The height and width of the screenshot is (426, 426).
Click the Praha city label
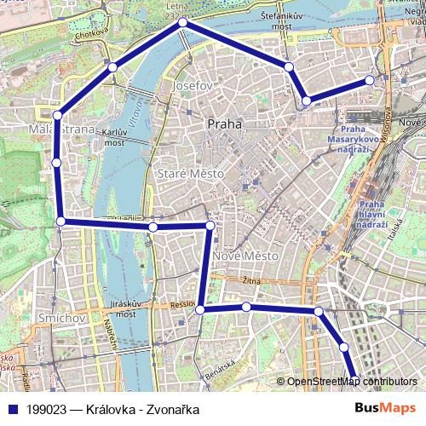pyautogui.click(x=224, y=124)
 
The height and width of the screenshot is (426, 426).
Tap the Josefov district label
pyautogui.click(x=192, y=87)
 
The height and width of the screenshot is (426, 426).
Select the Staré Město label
pyautogui.click(x=191, y=174)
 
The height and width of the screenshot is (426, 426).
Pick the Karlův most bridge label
pyautogui.click(x=114, y=138)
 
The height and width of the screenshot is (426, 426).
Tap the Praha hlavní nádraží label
pyautogui.click(x=372, y=214)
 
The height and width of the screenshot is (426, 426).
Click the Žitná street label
pyautogui.click(x=252, y=279)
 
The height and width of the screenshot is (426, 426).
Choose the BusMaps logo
pyautogui.click(x=385, y=408)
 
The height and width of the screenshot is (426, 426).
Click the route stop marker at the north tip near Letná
pyautogui.click(x=182, y=24)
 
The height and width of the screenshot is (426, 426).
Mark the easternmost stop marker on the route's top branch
pyautogui.click(x=370, y=80)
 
